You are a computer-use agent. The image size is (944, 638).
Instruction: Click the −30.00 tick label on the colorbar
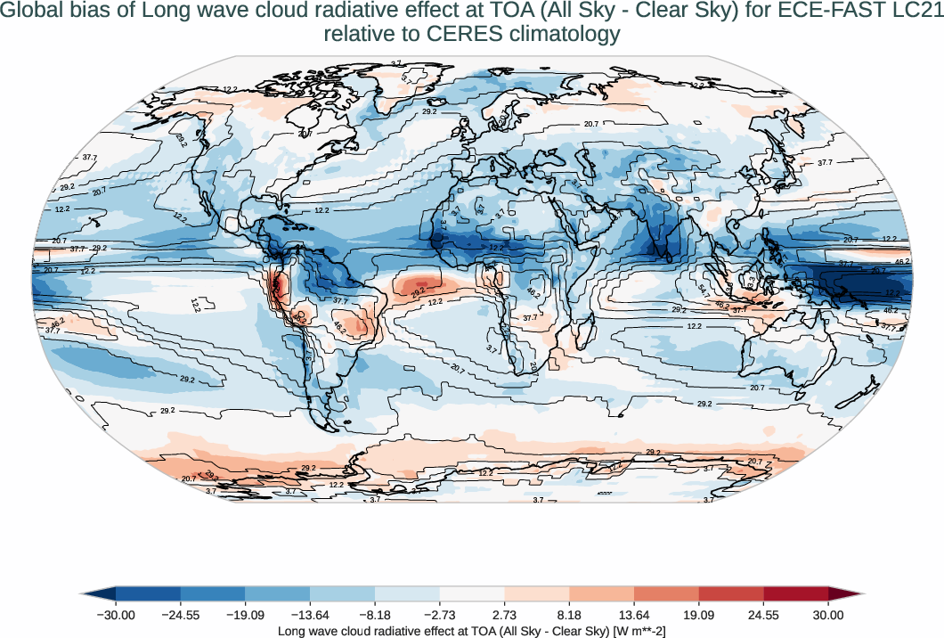[116, 615]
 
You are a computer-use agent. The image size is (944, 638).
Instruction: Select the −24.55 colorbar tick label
[181, 615]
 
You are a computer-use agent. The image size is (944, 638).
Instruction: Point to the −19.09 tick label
[245, 615]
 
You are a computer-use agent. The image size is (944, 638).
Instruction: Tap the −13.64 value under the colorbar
[310, 615]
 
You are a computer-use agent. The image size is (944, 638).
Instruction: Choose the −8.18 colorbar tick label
[375, 615]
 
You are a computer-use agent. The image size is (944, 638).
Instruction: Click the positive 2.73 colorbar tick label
[504, 615]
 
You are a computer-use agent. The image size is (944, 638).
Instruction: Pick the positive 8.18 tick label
[569, 615]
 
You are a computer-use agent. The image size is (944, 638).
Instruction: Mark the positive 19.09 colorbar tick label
[699, 615]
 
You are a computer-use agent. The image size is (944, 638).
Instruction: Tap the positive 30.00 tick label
[828, 615]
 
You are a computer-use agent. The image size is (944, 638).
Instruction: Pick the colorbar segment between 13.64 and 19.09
[666, 594]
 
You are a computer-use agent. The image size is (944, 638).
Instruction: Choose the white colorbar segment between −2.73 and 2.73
[472, 594]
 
